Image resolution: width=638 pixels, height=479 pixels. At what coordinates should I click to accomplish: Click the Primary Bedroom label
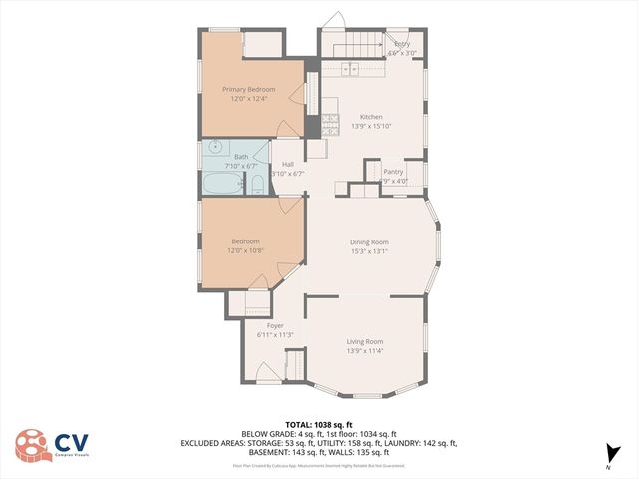[x=248, y=89]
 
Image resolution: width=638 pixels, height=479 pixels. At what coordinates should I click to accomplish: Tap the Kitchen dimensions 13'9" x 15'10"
[x=371, y=126]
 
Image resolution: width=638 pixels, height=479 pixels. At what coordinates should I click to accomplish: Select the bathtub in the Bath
[x=222, y=184]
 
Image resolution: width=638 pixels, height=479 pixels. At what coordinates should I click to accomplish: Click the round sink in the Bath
[x=216, y=146]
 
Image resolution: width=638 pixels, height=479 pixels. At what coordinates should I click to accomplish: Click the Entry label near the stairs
[x=402, y=44]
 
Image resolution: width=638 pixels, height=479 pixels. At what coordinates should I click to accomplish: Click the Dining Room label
[x=369, y=241]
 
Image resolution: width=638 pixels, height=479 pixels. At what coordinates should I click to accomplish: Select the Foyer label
[x=275, y=325]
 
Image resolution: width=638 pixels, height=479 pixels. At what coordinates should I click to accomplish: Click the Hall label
[x=288, y=164]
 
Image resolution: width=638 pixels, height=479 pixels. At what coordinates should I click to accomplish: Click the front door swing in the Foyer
[x=266, y=371]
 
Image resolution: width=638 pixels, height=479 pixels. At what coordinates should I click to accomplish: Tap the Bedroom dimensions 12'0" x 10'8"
[x=246, y=249]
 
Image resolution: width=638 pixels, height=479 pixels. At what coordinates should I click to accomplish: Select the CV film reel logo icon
[x=33, y=445]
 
